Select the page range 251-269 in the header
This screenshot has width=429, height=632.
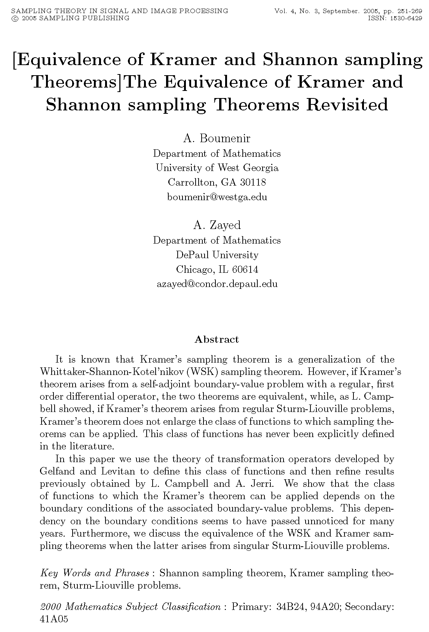[406, 11]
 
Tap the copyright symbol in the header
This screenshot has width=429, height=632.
[15, 18]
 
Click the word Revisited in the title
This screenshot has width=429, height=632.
[347, 104]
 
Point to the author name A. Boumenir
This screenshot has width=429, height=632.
[217, 138]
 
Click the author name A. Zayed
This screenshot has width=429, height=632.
[217, 225]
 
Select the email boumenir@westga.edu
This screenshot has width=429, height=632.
[217, 197]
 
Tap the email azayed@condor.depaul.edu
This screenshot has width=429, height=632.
[217, 284]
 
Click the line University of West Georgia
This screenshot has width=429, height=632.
[217, 168]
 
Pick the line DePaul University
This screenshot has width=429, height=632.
[217, 255]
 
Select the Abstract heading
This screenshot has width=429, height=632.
[217, 339]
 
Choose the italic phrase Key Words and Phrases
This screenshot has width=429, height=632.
[95, 573]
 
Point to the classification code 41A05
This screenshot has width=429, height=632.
[54, 619]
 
